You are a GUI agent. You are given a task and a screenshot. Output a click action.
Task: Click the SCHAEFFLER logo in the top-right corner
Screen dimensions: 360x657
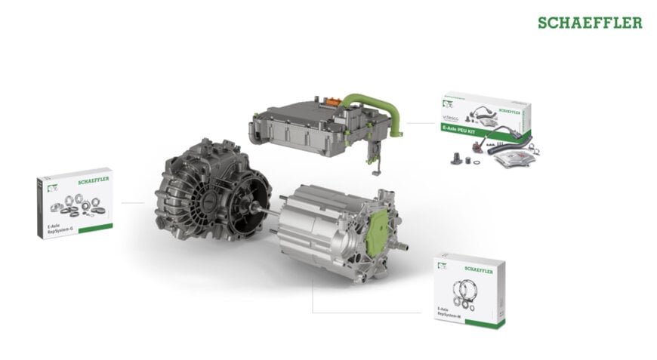pos(590,23)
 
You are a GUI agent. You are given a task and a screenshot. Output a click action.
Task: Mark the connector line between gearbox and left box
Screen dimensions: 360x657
pos(132,202)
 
